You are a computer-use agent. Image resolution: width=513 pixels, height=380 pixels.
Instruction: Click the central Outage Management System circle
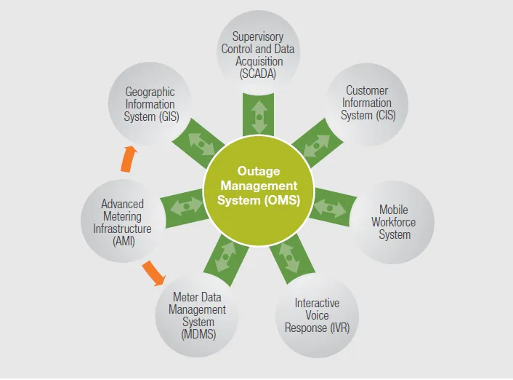click(x=259, y=191)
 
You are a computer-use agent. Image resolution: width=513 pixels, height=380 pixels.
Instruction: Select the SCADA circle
click(x=258, y=52)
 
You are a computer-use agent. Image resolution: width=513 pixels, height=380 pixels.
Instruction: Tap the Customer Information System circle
click(x=366, y=104)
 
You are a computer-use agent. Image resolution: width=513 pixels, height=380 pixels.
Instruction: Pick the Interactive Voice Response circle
click(x=317, y=315)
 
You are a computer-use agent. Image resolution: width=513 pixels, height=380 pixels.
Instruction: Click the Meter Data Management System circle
click(x=197, y=315)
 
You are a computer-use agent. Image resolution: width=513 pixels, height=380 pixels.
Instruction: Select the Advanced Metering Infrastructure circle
click(x=122, y=221)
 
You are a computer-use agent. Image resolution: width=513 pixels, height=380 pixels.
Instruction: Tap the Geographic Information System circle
click(x=150, y=103)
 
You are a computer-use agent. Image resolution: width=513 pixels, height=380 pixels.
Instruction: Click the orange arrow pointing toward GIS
click(x=129, y=159)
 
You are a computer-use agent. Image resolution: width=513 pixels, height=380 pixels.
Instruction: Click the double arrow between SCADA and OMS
click(x=259, y=117)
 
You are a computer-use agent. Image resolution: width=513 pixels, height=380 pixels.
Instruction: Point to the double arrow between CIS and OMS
click(x=316, y=146)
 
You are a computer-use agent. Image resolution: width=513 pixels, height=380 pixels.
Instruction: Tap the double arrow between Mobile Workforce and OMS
click(x=330, y=208)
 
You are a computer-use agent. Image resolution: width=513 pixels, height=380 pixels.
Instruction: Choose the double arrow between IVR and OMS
click(x=289, y=258)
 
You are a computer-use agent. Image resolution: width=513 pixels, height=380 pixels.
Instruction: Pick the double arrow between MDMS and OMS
click(x=226, y=257)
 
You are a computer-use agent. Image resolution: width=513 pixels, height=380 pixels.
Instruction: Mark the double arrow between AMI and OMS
click(x=187, y=207)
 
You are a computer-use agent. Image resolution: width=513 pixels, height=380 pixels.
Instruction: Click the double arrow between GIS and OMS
click(x=201, y=144)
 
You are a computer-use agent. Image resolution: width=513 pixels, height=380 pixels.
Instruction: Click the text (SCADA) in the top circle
click(x=258, y=74)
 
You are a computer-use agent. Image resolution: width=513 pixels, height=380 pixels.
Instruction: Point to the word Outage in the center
click(x=259, y=171)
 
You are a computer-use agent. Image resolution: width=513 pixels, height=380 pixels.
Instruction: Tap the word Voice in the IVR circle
click(x=317, y=315)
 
